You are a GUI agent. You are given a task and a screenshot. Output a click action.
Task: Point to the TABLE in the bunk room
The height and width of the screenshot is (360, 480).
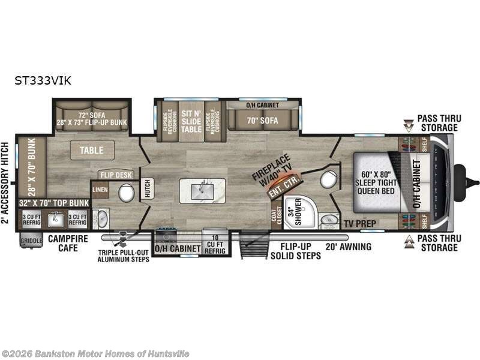pos(92,150)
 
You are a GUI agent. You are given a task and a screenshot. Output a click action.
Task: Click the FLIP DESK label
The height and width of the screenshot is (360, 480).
pos(115,175)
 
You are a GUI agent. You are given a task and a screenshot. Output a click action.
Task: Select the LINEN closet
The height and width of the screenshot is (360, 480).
pos(100,190)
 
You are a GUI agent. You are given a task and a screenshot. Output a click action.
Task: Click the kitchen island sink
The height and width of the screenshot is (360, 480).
pos(201,190)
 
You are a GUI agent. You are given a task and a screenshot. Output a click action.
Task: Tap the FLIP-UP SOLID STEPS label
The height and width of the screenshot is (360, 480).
pos(294,251)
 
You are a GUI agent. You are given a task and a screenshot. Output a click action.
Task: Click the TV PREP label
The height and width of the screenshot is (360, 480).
pos(359,223)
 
